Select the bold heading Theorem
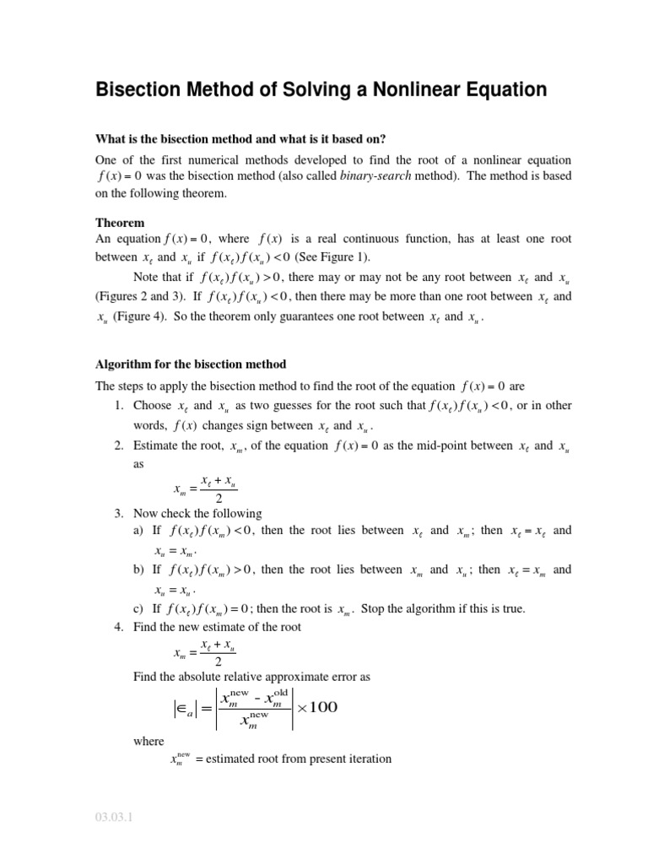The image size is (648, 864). point(120,223)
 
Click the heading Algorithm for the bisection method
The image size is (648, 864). point(191,364)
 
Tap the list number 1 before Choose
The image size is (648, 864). point(117,406)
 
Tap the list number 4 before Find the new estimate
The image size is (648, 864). point(117,627)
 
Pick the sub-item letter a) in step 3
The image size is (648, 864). point(139,531)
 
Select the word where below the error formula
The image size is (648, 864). point(149,741)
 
